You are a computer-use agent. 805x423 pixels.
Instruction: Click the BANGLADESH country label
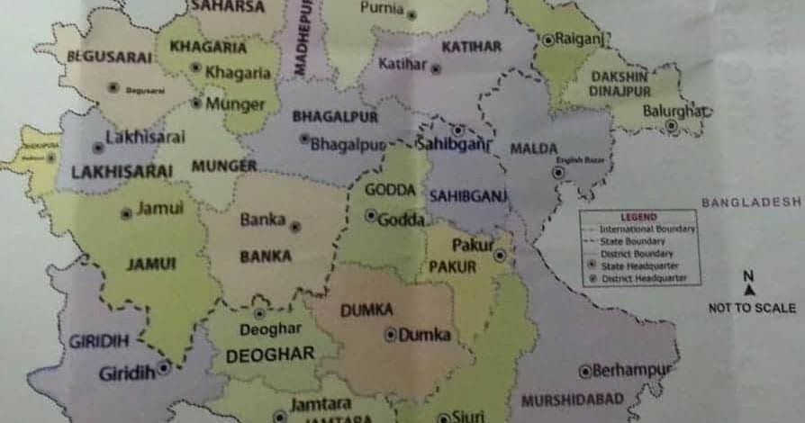click(751, 202)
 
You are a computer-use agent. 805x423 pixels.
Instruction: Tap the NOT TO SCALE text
click(752, 308)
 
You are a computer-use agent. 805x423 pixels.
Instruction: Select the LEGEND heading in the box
click(638, 218)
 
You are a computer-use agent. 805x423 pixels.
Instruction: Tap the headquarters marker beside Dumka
click(391, 335)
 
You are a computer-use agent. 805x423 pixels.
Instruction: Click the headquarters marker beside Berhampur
click(584, 370)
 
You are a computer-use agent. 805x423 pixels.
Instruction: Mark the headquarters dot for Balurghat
click(671, 126)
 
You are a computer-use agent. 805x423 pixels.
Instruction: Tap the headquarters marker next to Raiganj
click(547, 40)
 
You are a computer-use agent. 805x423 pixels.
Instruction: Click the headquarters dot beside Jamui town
click(126, 213)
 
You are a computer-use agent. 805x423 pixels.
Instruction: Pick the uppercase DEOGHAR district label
click(270, 355)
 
